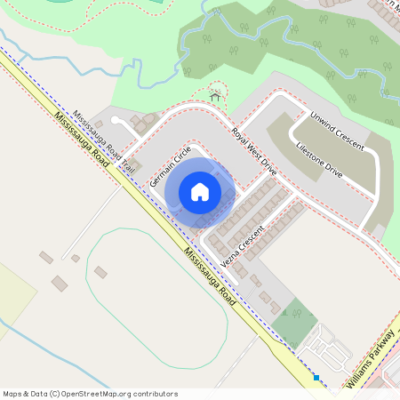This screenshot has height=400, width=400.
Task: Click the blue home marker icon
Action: tap(200, 191)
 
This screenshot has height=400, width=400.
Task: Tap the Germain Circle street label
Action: tap(172, 165)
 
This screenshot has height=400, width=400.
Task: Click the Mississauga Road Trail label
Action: tap(104, 142)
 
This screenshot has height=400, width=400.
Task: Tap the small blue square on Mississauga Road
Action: tap(316, 377)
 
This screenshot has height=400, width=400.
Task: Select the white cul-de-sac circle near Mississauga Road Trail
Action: tap(116, 120)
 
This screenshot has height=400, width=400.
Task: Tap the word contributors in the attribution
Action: tap(156, 393)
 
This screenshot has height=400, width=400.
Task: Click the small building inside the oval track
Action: tap(100, 272)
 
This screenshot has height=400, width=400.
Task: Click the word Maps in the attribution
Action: tap(13, 393)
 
